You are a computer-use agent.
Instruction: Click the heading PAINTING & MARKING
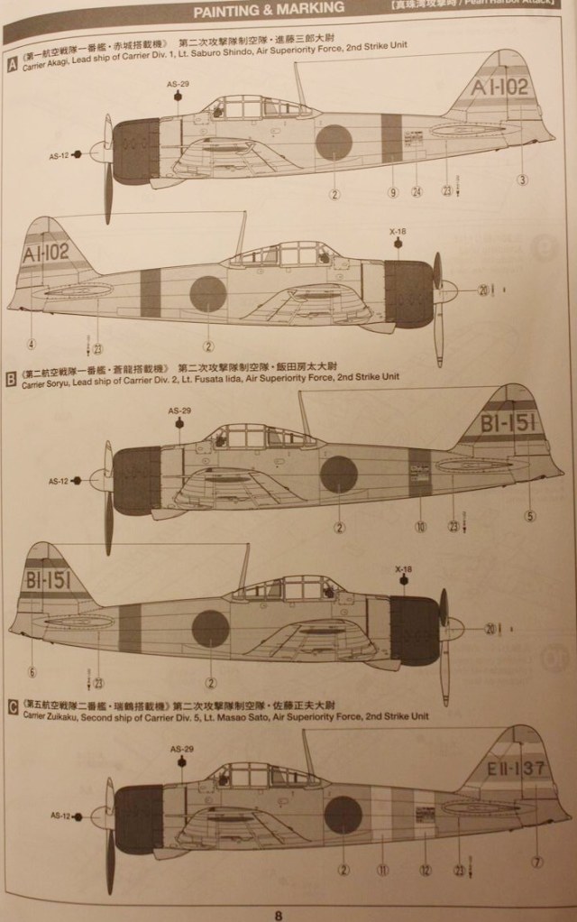point(270,8)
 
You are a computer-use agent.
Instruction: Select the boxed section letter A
point(12,64)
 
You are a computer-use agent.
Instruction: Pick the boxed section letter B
point(11,380)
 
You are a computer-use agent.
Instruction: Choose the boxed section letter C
point(12,708)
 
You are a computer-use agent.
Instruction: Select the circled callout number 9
point(393,192)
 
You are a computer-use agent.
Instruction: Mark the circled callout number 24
point(417,192)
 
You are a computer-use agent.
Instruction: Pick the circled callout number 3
point(521,180)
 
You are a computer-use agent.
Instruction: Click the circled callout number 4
point(32,344)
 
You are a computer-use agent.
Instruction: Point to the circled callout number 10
point(419,527)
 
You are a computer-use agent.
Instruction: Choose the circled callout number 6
point(32,671)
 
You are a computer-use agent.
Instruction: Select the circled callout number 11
point(382,871)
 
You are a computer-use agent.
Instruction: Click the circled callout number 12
point(423,871)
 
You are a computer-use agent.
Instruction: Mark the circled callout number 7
point(537,862)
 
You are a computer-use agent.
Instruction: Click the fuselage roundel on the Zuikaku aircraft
point(343,815)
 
